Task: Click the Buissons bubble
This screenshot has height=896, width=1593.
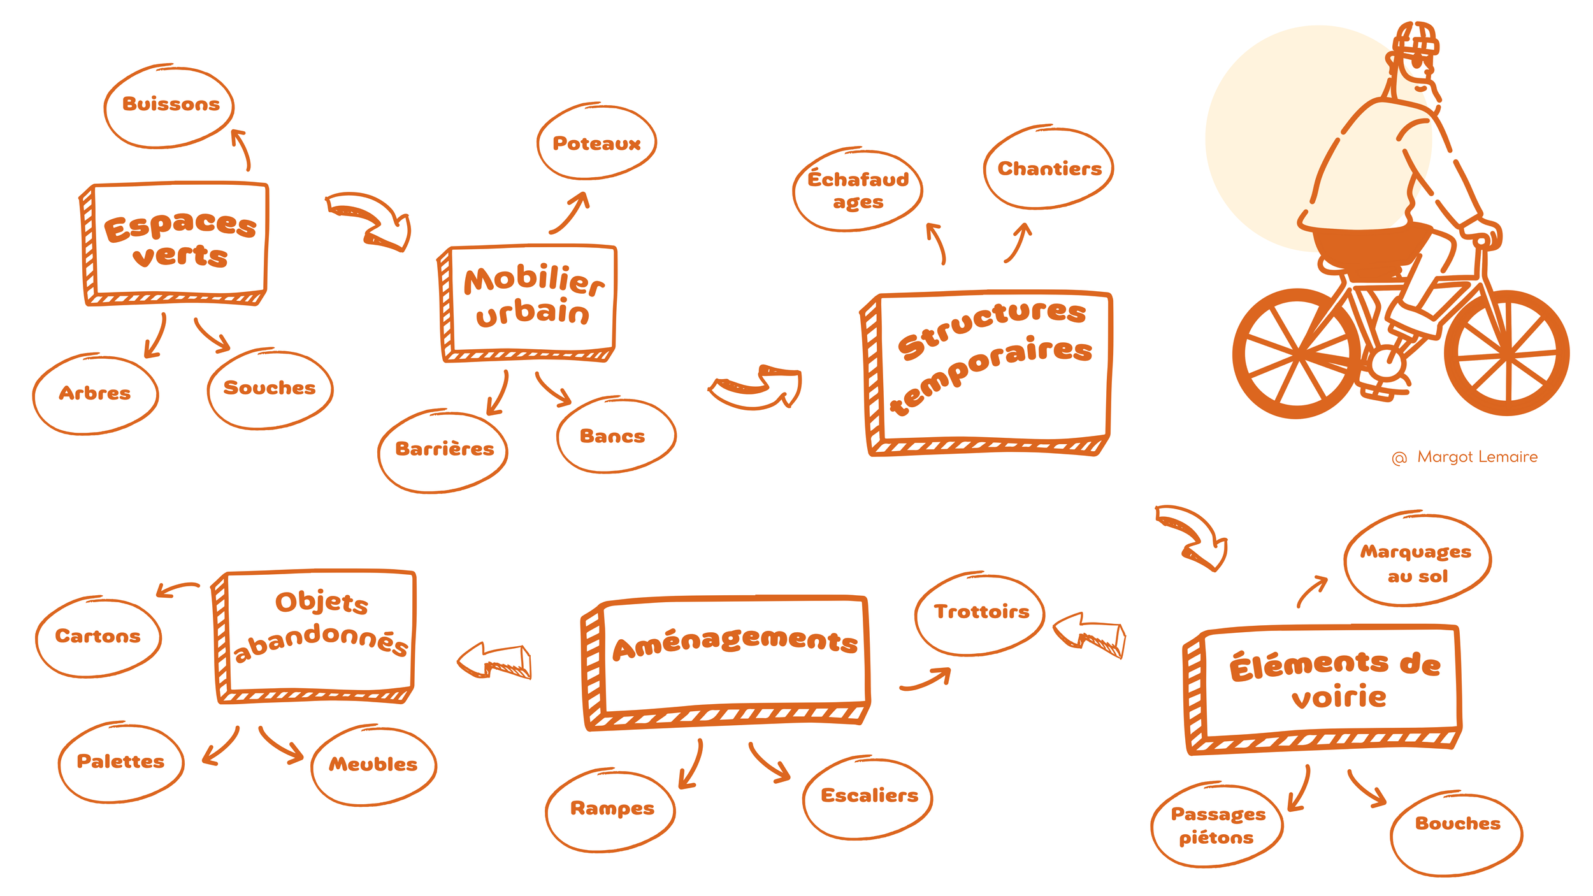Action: click(x=169, y=106)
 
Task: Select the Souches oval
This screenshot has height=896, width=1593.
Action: click(x=270, y=388)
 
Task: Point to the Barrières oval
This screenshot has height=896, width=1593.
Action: click(x=443, y=450)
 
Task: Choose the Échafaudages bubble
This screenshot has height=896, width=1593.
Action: click(x=858, y=190)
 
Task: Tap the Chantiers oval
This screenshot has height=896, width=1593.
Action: click(x=1048, y=168)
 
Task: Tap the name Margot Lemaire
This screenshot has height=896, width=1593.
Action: click(x=1476, y=457)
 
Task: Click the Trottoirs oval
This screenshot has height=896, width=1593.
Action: click(x=980, y=612)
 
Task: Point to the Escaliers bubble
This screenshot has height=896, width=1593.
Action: click(x=869, y=796)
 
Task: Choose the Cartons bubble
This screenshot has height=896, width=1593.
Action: click(x=98, y=637)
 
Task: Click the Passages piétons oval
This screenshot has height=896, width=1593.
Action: click(x=1217, y=825)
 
